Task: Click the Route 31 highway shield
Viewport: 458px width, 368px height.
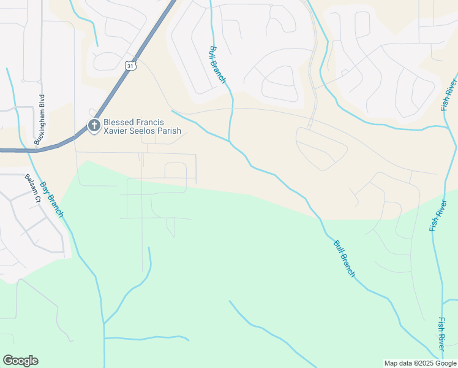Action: pos(129,65)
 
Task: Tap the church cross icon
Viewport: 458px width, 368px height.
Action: pos(94,126)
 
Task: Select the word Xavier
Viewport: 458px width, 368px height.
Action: pos(116,131)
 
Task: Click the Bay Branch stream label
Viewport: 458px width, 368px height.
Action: pos(52,199)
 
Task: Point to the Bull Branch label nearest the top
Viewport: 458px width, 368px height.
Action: pos(218,64)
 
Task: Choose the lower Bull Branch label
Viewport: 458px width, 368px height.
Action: pos(344,258)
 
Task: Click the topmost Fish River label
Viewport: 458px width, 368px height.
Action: pos(449,94)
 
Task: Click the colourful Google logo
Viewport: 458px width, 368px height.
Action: pos(20,361)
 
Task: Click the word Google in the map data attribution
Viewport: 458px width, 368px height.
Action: pos(444,363)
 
